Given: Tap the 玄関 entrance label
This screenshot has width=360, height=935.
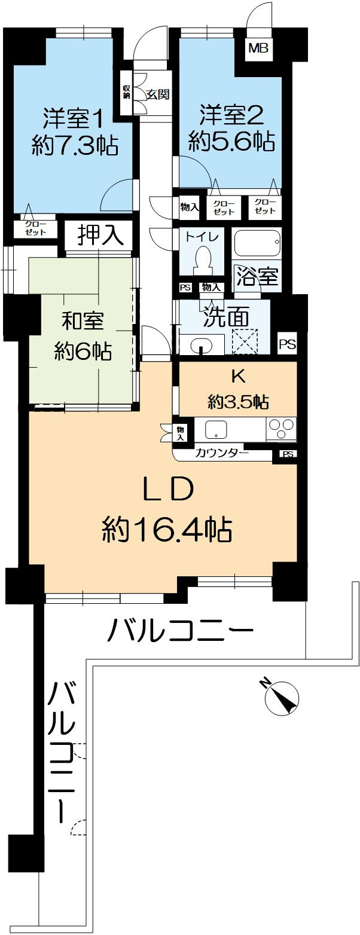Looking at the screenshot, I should [x=157, y=94].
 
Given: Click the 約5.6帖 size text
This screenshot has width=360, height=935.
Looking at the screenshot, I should [x=231, y=142].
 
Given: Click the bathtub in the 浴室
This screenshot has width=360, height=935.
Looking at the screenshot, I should [x=257, y=243].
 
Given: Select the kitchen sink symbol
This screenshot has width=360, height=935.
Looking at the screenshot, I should [x=216, y=429].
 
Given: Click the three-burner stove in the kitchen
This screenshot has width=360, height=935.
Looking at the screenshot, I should [x=281, y=430].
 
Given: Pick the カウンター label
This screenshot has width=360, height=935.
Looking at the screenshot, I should [x=222, y=454].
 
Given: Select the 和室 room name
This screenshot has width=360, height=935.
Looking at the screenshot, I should [x=83, y=321].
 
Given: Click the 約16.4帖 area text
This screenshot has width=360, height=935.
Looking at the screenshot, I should [x=167, y=528].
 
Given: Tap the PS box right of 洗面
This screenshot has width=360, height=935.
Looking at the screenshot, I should [x=287, y=344].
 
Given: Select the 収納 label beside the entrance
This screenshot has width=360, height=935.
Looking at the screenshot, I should [x=127, y=91].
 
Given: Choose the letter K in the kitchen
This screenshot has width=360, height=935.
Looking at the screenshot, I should [x=237, y=377].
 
